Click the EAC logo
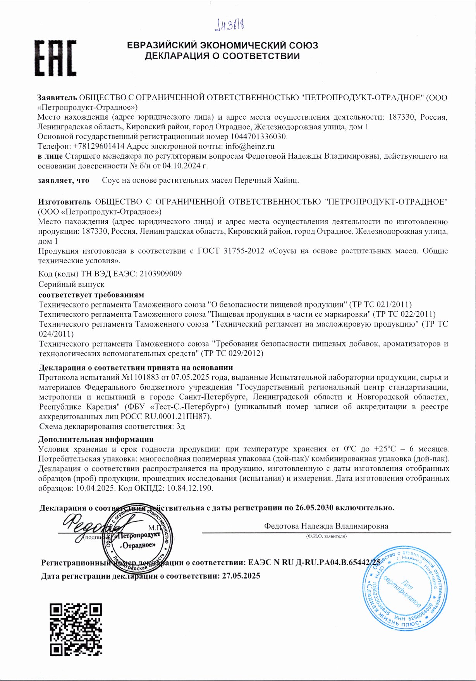[x=56, y=58]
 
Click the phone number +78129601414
[x=98, y=146]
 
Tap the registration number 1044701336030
[x=259, y=137]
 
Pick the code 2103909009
[x=160, y=274]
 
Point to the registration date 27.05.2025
[x=241, y=576]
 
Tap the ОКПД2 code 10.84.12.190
[x=190, y=488]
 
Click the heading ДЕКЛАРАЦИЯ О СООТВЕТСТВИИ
[x=222, y=56]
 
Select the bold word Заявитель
[x=57, y=98]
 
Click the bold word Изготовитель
[x=64, y=202]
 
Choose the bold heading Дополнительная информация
[x=96, y=439]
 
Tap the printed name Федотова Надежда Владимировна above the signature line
[x=326, y=526]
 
